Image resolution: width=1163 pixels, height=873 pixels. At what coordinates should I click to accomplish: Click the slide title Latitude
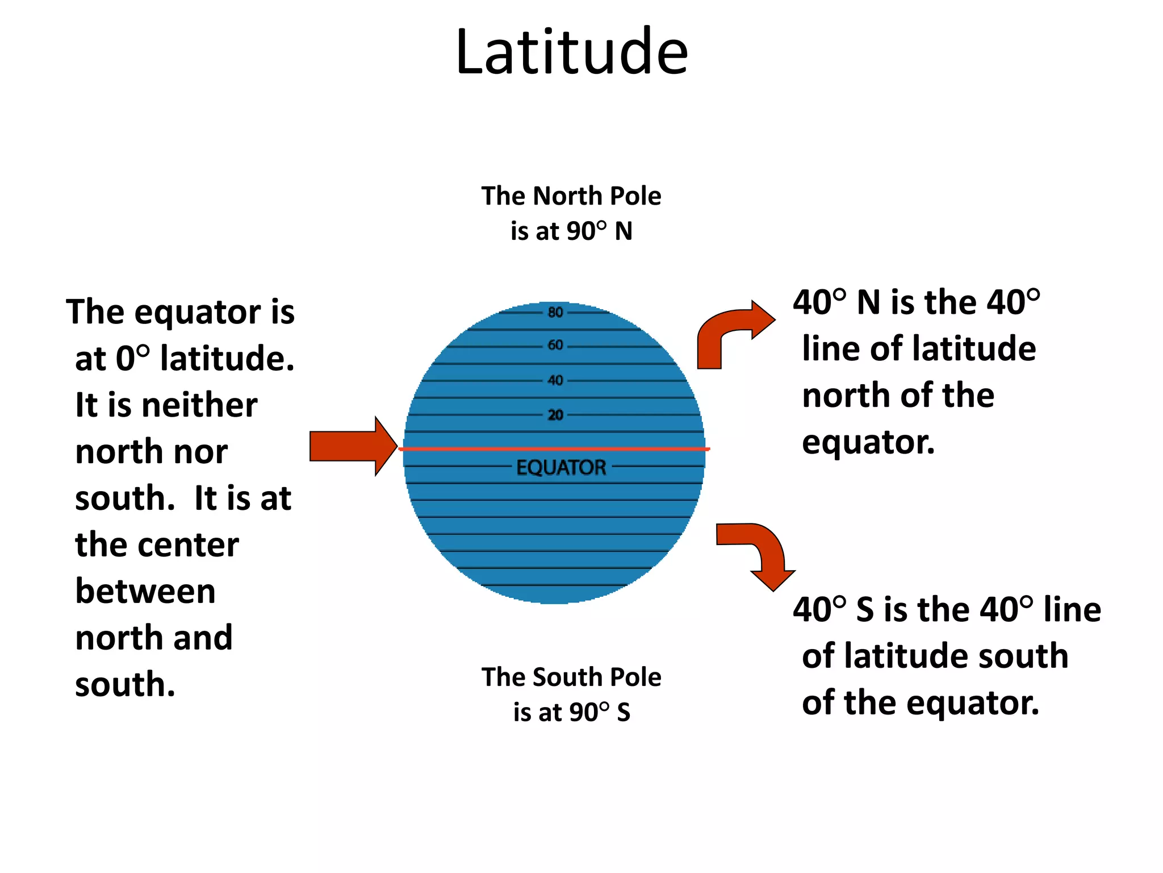pos(572,52)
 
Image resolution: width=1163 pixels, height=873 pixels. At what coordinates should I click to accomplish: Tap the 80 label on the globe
pos(555,312)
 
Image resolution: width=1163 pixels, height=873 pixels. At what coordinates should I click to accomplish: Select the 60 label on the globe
pos(555,345)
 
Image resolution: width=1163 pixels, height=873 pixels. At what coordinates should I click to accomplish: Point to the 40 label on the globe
pos(555,380)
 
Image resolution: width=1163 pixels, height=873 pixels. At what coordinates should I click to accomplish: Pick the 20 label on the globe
pos(555,415)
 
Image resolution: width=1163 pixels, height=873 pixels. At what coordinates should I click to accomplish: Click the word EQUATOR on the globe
pos(561,468)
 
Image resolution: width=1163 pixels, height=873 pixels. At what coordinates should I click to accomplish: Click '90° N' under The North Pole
pos(599,231)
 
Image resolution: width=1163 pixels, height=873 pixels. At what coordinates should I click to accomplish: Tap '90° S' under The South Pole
pos(599,712)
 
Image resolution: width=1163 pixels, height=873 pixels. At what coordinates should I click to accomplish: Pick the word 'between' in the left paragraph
pos(145,592)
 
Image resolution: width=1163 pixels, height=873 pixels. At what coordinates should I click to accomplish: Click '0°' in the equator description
pos(133,359)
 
